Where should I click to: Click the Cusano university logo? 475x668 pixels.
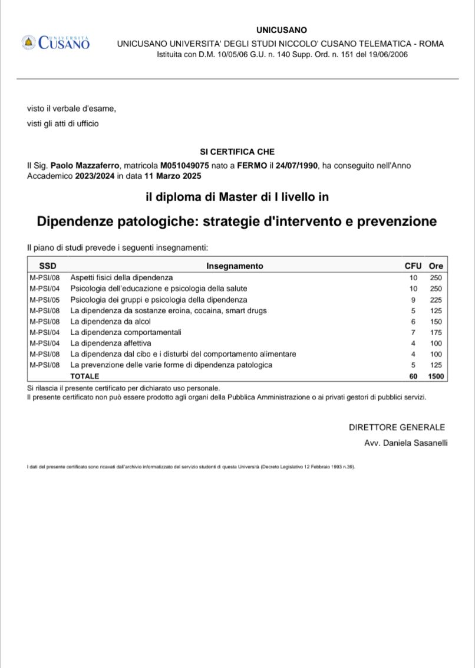56,42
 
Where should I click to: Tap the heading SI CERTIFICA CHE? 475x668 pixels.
237,152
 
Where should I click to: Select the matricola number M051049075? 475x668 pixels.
184,166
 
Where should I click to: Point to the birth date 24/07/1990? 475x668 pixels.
296,166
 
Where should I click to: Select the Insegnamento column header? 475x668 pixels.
235,266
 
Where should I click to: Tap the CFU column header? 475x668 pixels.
413,266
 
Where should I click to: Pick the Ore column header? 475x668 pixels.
436,266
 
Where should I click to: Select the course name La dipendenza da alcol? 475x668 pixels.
111,321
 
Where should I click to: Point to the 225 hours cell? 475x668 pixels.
436,299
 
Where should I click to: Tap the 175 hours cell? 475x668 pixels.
436,332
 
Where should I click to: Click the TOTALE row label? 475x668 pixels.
85,376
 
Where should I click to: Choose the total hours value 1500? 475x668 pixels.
436,376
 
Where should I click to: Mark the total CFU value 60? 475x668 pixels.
413,376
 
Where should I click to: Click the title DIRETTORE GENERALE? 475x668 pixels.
397,427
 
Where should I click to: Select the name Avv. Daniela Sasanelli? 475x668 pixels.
406,443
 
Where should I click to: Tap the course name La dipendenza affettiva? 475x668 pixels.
111,343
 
